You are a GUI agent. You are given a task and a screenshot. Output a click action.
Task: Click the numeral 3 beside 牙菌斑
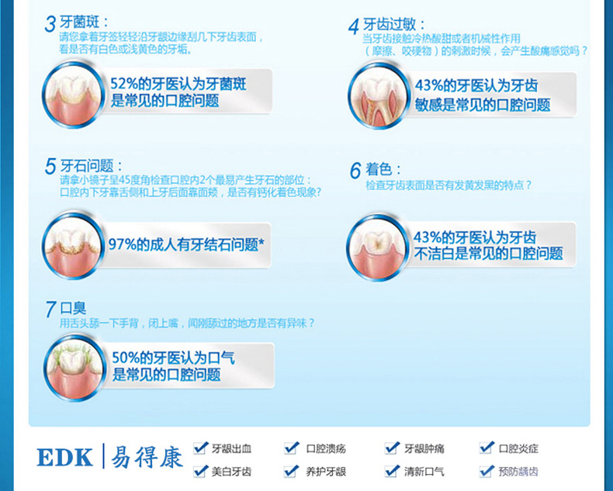(x=50, y=24)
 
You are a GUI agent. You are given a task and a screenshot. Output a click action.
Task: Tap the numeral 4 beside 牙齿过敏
(x=354, y=26)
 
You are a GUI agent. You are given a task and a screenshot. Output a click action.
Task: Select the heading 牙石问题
(x=87, y=166)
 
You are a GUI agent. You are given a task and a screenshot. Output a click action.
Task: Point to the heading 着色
(x=379, y=169)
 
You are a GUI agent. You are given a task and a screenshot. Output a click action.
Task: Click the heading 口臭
(x=73, y=308)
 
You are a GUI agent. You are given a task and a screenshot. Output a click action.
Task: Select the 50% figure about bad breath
(x=126, y=358)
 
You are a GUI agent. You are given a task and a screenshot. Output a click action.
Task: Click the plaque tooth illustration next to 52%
(x=74, y=94)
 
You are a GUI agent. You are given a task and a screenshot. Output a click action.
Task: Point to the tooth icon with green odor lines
(x=74, y=368)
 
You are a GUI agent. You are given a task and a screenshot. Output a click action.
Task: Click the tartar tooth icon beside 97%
(x=74, y=245)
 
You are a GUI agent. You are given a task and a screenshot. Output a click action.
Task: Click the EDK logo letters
(x=65, y=457)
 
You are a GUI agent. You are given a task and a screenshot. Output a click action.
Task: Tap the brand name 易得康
(x=147, y=457)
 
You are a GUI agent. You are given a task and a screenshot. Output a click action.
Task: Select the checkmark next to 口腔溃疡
(x=292, y=448)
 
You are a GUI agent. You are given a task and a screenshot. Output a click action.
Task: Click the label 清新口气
(x=424, y=472)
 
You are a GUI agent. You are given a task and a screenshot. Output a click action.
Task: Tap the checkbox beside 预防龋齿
(x=487, y=471)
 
